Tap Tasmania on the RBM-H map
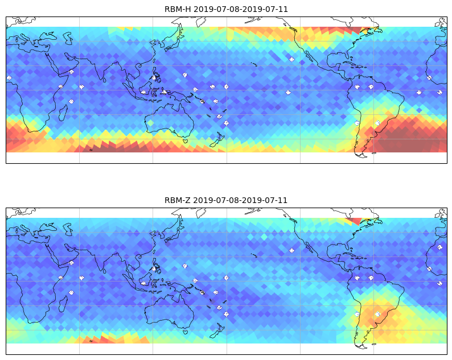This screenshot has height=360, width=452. coord(186,140)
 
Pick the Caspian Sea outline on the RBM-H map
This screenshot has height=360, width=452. coord(68,38)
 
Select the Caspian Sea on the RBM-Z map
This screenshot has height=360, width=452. coord(68,229)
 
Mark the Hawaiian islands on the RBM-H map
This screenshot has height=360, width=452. coord(254,64)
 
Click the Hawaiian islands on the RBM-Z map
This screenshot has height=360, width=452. coord(254,255)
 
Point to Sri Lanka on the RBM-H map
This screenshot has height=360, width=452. coord(104,80)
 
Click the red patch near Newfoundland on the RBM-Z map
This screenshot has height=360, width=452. coord(354,221)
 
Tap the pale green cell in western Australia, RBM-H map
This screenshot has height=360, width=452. coord(150,123)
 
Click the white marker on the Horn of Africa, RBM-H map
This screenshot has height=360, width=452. coord(72,72)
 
